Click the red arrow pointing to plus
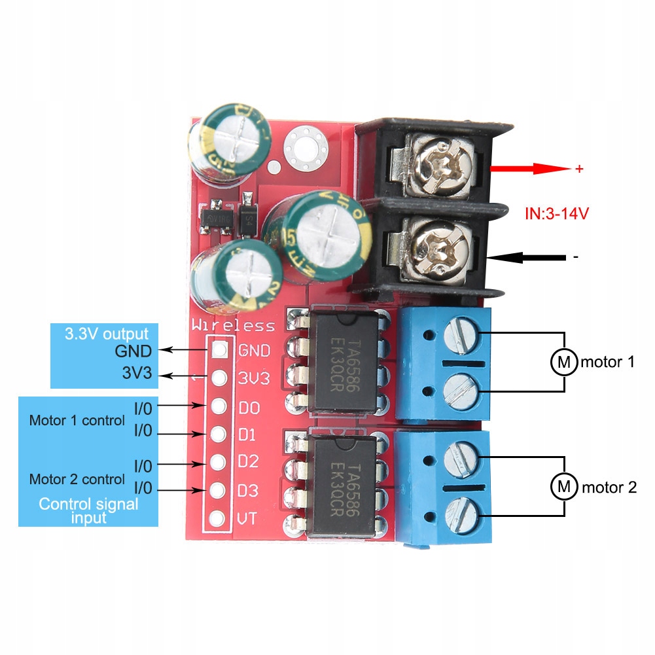[530, 169]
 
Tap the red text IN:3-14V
[562, 213]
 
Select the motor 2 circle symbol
[562, 487]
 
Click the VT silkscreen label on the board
[248, 519]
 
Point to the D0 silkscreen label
[249, 408]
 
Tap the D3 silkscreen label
[249, 490]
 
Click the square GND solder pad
[220, 350]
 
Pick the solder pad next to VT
[219, 519]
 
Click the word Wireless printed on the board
[233, 325]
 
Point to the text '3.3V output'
[107, 333]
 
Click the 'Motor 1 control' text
[77, 421]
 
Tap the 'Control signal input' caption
[88, 511]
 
